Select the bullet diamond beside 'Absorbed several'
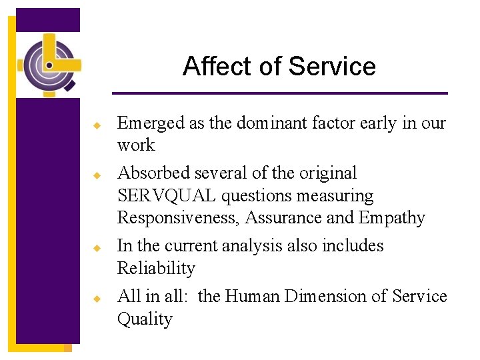[x=97, y=175]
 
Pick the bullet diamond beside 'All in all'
[x=97, y=298]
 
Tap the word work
[x=135, y=145]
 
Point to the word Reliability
[x=156, y=269]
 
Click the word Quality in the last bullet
[x=145, y=319]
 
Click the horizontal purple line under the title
[x=279, y=93]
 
